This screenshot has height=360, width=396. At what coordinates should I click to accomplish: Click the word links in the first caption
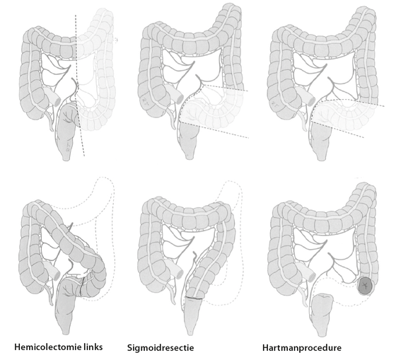93,347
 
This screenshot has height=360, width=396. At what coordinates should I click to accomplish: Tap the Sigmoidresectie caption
161,348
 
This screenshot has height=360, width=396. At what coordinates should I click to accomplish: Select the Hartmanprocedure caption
302,348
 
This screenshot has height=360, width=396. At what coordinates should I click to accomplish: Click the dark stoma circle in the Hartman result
365,286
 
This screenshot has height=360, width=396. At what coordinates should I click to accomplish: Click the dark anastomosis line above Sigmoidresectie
194,298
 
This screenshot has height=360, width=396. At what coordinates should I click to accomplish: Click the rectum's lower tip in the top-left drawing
66,159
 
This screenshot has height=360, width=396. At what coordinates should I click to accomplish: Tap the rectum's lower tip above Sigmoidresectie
190,333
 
